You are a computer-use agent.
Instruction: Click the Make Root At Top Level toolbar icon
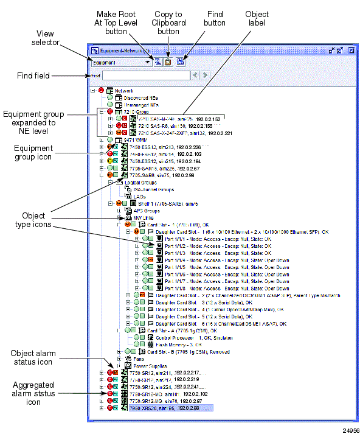[157, 62]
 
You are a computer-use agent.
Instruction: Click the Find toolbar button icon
[180, 62]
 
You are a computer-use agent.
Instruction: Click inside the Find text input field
[145, 75]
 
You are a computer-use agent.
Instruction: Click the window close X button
[350, 51]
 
